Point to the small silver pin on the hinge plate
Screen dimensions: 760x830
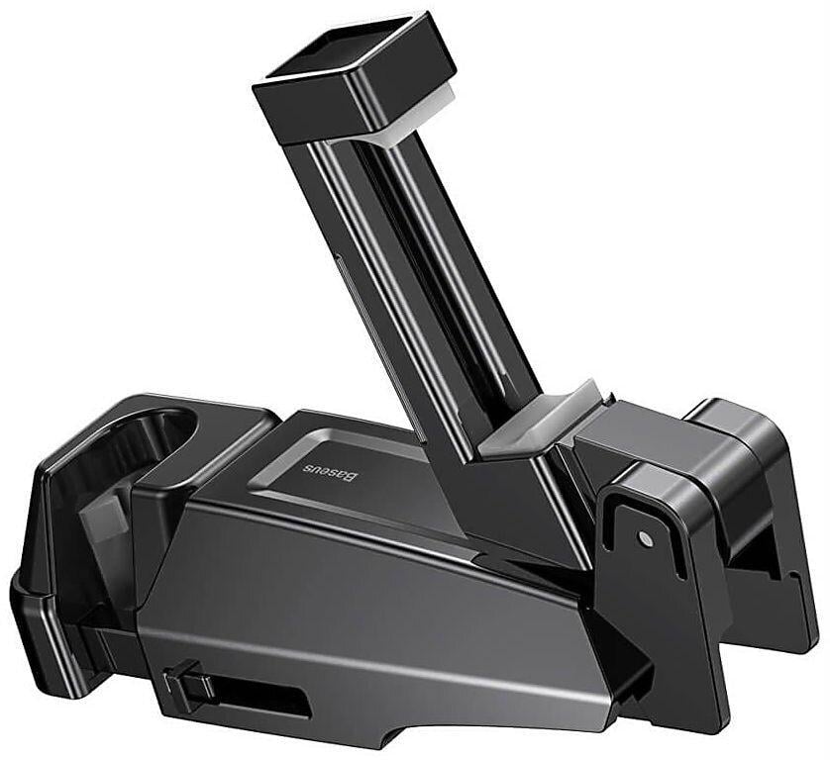(x=646, y=537)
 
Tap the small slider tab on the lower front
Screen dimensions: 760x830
(x=182, y=683)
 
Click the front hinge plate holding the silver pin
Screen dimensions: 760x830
(x=654, y=574)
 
